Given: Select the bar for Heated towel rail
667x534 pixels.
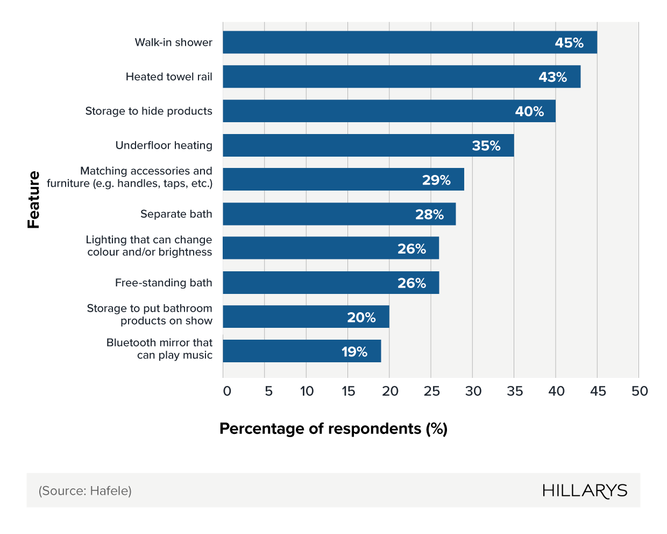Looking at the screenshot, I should (401, 77).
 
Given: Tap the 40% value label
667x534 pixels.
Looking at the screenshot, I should (529, 111).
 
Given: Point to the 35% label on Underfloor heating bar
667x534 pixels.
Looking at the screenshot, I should (486, 146).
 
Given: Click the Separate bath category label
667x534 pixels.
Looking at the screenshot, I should (176, 214).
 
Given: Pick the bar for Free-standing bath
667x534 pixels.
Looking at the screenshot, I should (330, 283).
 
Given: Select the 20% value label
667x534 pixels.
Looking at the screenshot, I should (361, 318).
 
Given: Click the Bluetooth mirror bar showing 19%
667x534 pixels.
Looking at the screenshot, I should (301, 352).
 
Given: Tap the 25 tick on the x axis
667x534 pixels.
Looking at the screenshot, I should (431, 391).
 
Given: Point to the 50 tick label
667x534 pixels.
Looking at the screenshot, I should (640, 391).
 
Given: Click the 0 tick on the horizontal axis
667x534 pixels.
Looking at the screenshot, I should (227, 391).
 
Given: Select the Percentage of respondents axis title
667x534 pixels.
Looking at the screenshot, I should (334, 429).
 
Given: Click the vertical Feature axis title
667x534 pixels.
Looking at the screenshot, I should (34, 200).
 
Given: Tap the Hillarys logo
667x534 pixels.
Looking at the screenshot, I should (585, 491).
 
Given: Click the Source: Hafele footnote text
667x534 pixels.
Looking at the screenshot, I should (85, 491).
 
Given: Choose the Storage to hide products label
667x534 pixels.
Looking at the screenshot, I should (148, 111).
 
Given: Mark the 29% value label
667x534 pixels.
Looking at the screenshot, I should (436, 180).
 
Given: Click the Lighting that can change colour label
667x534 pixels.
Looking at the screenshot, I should (149, 246).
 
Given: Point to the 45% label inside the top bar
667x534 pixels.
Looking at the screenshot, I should (569, 43).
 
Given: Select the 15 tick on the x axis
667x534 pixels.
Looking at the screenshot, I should (348, 391).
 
